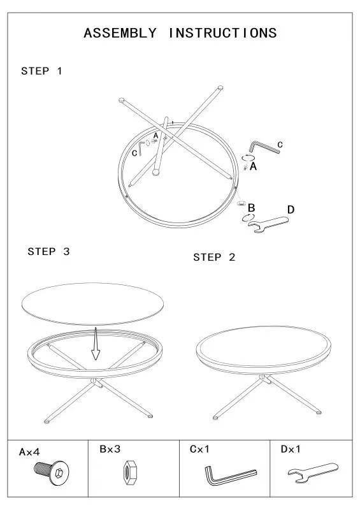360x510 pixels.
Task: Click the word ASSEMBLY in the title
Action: (x=120, y=33)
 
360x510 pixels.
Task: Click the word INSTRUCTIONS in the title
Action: (x=222, y=33)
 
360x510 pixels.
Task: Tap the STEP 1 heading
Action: (x=42, y=71)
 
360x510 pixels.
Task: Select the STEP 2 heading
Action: (x=214, y=258)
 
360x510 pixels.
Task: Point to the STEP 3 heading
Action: (x=48, y=252)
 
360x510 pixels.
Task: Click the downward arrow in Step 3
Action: (x=94, y=346)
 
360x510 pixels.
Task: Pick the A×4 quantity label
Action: (x=29, y=452)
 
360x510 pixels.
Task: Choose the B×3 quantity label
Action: (x=110, y=449)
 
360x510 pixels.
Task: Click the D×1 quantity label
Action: (x=291, y=449)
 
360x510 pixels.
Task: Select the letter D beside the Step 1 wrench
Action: (x=291, y=210)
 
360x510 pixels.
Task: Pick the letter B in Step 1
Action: (x=252, y=208)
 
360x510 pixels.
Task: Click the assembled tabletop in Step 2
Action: (x=264, y=348)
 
